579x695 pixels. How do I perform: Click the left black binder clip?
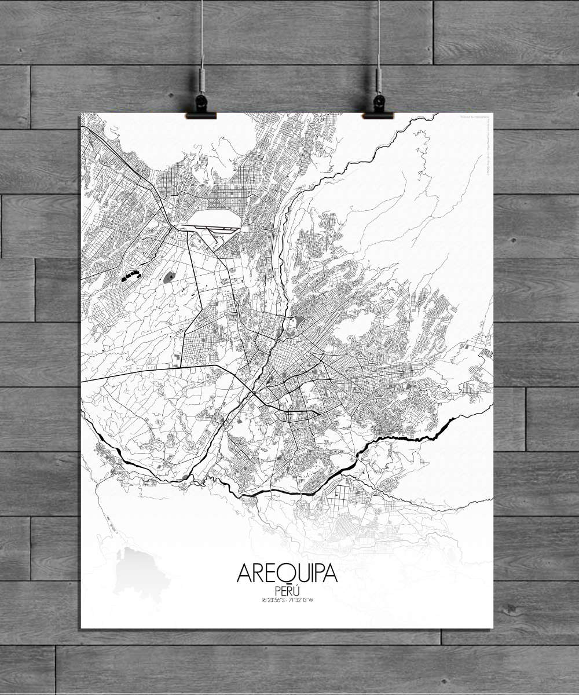coord(201,108)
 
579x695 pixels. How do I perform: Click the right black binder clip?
coord(378,108)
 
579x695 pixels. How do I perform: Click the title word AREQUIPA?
coord(287,573)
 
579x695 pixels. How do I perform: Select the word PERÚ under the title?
coord(287,591)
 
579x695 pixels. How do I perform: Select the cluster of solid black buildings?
coord(132,275)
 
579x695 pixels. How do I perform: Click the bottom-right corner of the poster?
coord(493,628)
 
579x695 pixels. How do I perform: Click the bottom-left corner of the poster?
coord(81,628)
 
